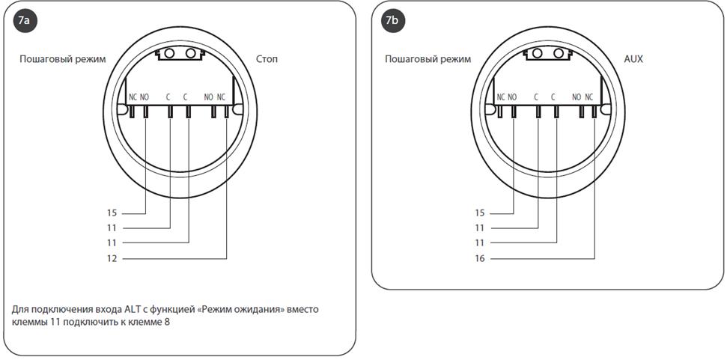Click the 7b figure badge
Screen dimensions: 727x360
pyautogui.click(x=392, y=22)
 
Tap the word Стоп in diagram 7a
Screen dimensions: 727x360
pyautogui.click(x=267, y=59)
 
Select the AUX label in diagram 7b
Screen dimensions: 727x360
pyautogui.click(x=633, y=59)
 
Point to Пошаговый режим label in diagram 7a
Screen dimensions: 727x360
pyautogui.click(x=63, y=60)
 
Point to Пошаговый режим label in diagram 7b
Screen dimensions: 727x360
pyautogui.click(x=428, y=60)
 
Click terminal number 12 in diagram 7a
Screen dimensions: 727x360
pyautogui.click(x=112, y=258)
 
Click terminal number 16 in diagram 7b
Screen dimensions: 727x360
pyautogui.click(x=480, y=258)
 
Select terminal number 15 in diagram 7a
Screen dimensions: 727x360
pyautogui.click(x=112, y=213)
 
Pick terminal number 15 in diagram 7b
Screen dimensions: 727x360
pyautogui.click(x=480, y=213)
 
